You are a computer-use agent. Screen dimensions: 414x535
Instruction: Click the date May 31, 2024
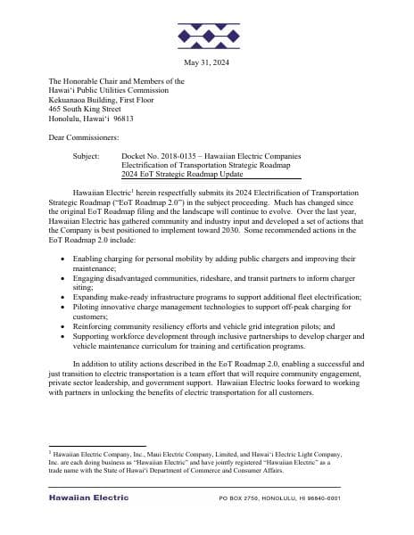coord(206,62)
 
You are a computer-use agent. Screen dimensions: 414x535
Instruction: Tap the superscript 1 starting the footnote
coord(51,452)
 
